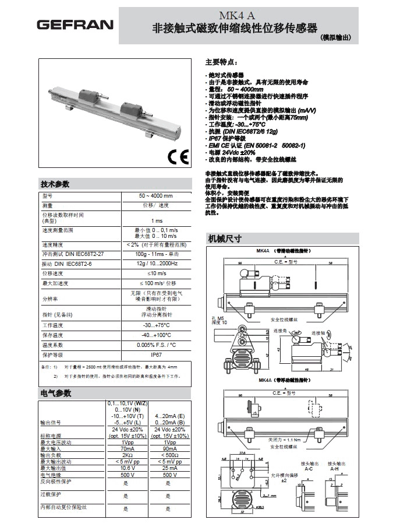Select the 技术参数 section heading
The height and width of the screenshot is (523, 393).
click(55, 184)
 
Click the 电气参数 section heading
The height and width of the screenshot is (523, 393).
click(55, 393)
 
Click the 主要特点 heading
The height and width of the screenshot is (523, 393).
click(221, 62)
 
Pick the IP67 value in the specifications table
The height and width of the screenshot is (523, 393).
click(157, 354)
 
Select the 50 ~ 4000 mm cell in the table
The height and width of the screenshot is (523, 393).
click(156, 196)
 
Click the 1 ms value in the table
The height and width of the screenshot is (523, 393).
click(157, 220)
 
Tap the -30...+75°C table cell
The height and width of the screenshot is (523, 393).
click(157, 325)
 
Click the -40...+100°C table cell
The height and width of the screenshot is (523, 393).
click(157, 335)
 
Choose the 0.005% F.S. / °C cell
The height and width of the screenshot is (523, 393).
click(157, 345)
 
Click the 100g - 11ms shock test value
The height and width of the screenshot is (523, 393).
click(157, 254)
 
